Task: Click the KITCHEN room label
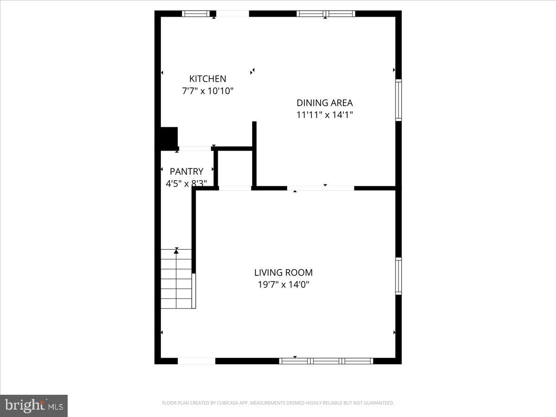[208, 79]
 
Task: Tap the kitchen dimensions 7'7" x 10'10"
[208, 91]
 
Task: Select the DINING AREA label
[324, 103]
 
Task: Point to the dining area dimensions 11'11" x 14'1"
[324, 115]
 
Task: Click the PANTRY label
[186, 171]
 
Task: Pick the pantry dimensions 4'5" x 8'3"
[186, 183]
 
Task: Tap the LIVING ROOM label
[283, 272]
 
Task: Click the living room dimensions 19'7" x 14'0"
[283, 284]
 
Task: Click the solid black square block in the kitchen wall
[169, 137]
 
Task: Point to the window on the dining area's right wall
[398, 100]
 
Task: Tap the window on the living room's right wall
[398, 276]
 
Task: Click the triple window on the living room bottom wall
[326, 361]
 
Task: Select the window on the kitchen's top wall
[196, 13]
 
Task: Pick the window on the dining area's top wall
[326, 13]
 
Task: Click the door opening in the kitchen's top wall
[233, 14]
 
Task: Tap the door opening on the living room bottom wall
[196, 361]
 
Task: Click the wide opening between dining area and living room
[321, 188]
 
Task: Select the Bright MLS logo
[34, 405]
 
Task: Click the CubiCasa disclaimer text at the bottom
[278, 403]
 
